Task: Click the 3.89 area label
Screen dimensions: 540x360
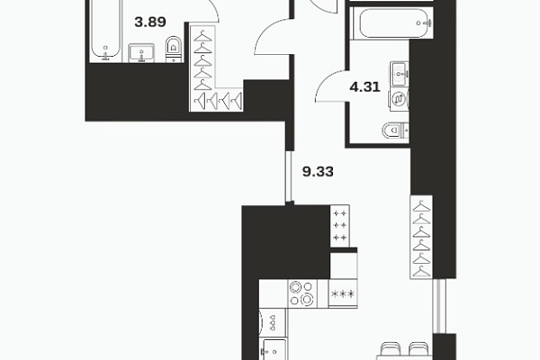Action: (150, 22)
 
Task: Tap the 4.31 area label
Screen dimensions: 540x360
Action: (364, 86)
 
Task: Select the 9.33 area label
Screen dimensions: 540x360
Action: (318, 171)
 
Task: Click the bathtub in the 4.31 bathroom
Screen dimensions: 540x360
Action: (391, 23)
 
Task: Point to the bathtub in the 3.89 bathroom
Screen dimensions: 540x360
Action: (105, 31)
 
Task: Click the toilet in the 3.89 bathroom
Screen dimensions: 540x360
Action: (173, 49)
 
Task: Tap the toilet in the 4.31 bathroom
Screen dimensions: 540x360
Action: (395, 130)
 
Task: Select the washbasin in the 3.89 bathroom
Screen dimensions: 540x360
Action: (141, 53)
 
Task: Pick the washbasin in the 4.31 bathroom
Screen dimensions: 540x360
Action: (400, 72)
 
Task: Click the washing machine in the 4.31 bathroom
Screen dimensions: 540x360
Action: (399, 100)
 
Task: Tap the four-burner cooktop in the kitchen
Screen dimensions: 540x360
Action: (302, 293)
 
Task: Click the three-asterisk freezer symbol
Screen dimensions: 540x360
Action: (343, 294)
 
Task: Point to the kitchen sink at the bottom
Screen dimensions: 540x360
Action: (274, 350)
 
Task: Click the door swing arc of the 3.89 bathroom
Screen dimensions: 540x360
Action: (211, 10)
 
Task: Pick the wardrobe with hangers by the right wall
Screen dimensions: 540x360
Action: (421, 237)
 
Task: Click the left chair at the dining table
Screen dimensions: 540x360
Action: (391, 349)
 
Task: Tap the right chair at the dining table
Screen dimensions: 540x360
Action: (418, 349)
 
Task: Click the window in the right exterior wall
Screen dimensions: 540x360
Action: (439, 306)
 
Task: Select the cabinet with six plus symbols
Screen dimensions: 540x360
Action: (340, 226)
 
